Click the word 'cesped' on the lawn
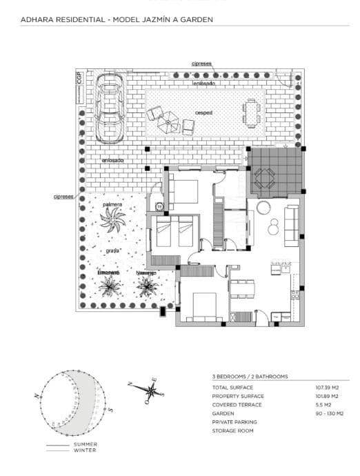tap(203, 112)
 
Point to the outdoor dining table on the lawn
tap(249, 112)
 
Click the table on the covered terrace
tap(265, 179)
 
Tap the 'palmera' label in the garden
tap(112, 205)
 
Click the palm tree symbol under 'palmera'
tap(112, 221)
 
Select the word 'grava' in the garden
tap(113, 250)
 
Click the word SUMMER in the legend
tap(86, 444)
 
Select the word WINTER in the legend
tap(86, 450)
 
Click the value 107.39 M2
tap(327, 388)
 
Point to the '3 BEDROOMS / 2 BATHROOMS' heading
tap(250, 377)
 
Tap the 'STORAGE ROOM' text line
tap(232, 430)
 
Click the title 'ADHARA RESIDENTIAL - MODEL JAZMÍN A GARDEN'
tap(117, 20)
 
